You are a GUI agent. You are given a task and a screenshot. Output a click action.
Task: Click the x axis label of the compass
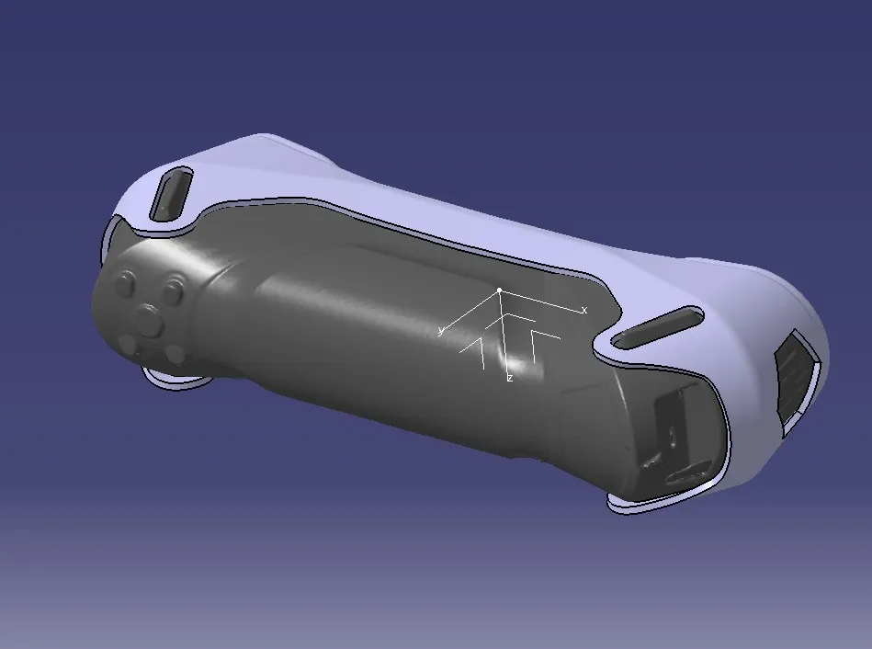pos(584,311)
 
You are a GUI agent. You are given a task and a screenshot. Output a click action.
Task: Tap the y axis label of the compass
pos(442,331)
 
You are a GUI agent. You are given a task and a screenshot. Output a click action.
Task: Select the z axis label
pos(509,378)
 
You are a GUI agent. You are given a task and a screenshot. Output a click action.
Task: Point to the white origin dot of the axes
pos(500,290)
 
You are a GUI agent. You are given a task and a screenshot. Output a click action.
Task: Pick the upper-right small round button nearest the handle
pos(172,291)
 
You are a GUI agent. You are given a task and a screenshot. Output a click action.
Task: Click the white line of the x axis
pos(542,301)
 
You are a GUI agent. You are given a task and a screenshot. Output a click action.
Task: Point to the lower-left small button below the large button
pos(130,344)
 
